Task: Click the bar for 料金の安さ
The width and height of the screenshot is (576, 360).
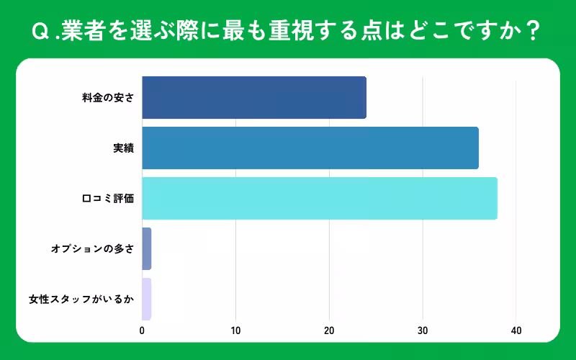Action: click(254, 97)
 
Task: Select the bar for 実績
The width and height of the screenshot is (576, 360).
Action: click(310, 148)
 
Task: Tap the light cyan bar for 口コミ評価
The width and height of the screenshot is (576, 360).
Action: click(320, 198)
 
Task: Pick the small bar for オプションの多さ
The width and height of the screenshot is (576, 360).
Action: click(147, 248)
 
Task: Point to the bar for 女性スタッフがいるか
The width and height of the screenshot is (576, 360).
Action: click(147, 299)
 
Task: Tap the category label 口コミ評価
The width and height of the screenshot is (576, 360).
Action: click(108, 199)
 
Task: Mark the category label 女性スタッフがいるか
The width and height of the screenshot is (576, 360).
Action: click(81, 300)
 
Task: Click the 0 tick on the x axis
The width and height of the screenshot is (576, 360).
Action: click(142, 331)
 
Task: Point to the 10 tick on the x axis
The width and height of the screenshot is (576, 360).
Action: click(235, 331)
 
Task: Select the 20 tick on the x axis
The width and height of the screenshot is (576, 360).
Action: click(329, 331)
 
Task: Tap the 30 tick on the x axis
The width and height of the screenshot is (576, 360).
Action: click(423, 331)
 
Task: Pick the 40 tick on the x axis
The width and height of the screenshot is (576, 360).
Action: click(516, 331)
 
